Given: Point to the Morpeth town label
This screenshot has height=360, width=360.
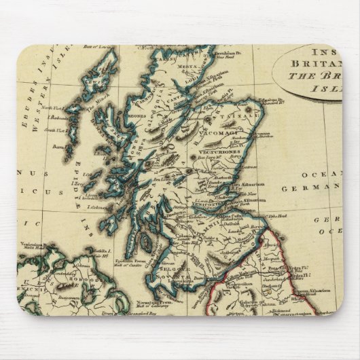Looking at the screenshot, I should (x=275, y=258).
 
